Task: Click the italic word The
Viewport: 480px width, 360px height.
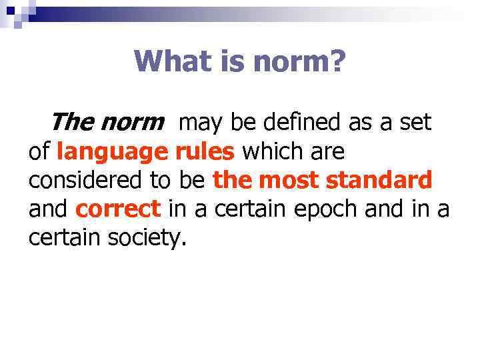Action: pos(73,123)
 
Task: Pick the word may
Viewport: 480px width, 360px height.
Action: pos(201,123)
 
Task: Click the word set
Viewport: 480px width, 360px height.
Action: pos(415,123)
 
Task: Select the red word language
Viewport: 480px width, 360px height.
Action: pos(113,153)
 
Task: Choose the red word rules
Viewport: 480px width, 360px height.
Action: pos(205,152)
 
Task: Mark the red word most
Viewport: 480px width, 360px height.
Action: pos(288,181)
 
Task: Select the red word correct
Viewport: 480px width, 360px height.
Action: pos(118,209)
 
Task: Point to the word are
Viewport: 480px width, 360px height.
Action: pos(327,152)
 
